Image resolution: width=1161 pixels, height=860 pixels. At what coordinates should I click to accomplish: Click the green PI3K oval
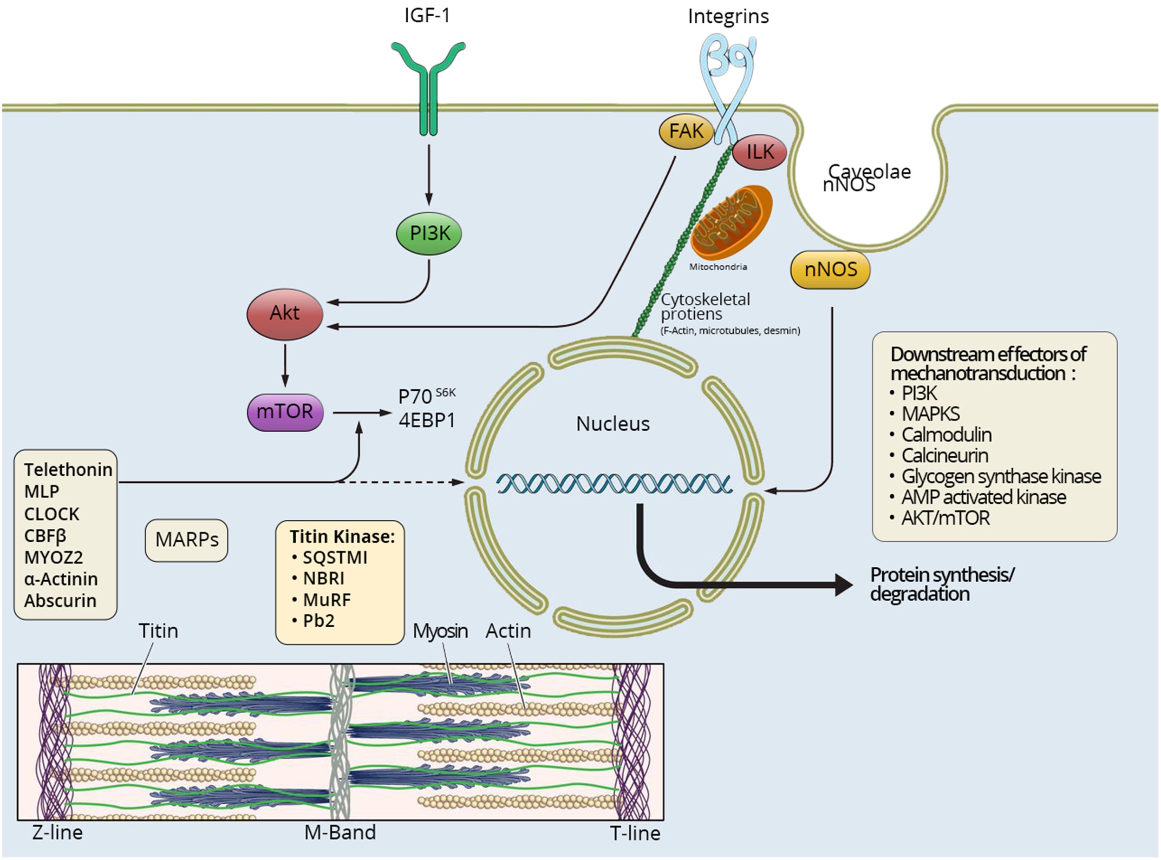429,233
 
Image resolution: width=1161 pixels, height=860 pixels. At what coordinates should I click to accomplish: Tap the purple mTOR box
285,412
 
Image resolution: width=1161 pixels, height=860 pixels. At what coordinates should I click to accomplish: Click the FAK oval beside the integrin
686,131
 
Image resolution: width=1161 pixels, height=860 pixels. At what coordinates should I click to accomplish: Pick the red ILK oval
760,152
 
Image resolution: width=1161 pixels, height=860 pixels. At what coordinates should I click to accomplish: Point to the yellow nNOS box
830,269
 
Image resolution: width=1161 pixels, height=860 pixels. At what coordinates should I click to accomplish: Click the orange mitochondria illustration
731,223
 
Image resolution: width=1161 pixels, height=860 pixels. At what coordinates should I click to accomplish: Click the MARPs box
187,540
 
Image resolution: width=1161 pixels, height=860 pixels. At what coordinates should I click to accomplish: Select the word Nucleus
613,424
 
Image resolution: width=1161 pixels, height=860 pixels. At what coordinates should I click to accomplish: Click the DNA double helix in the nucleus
614,484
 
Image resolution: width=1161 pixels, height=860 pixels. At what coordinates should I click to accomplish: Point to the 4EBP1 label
427,420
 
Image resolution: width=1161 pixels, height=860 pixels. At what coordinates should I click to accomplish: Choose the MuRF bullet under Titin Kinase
327,600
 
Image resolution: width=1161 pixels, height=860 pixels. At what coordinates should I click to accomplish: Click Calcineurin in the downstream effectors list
945,455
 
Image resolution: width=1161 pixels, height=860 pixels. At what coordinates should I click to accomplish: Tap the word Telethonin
68,470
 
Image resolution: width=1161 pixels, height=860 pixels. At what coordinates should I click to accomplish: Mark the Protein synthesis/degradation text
942,584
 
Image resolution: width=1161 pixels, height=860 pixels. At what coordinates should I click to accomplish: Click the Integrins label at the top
728,16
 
